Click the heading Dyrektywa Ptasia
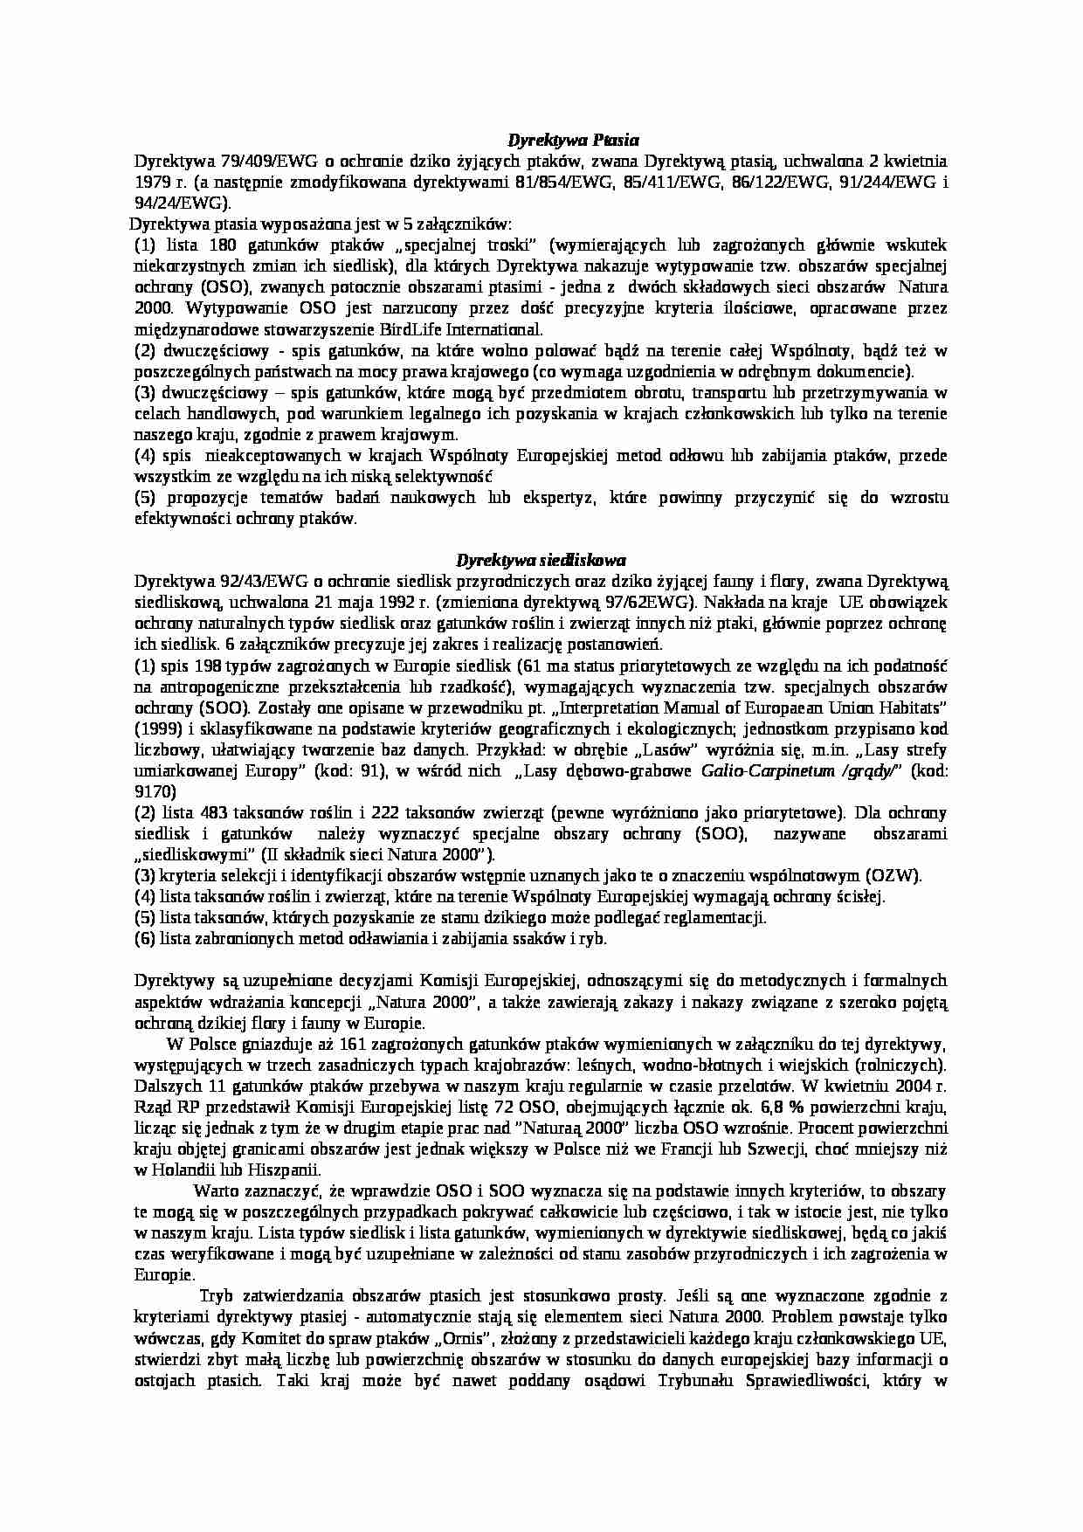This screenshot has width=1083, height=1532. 574,140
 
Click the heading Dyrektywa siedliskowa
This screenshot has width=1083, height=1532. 541,560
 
